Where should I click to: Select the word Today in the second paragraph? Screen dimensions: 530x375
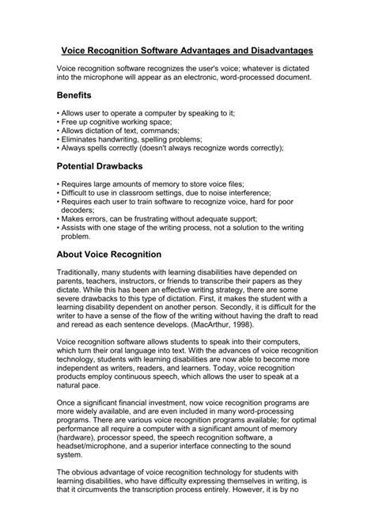(244, 367)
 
